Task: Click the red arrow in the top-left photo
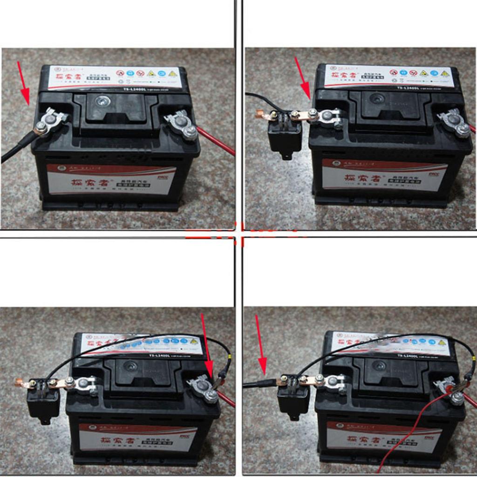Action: tap(23, 83)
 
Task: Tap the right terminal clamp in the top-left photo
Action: tap(182, 125)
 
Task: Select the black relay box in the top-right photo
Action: tap(285, 135)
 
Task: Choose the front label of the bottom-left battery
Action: tap(137, 438)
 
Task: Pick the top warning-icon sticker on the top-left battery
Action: tap(116, 77)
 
